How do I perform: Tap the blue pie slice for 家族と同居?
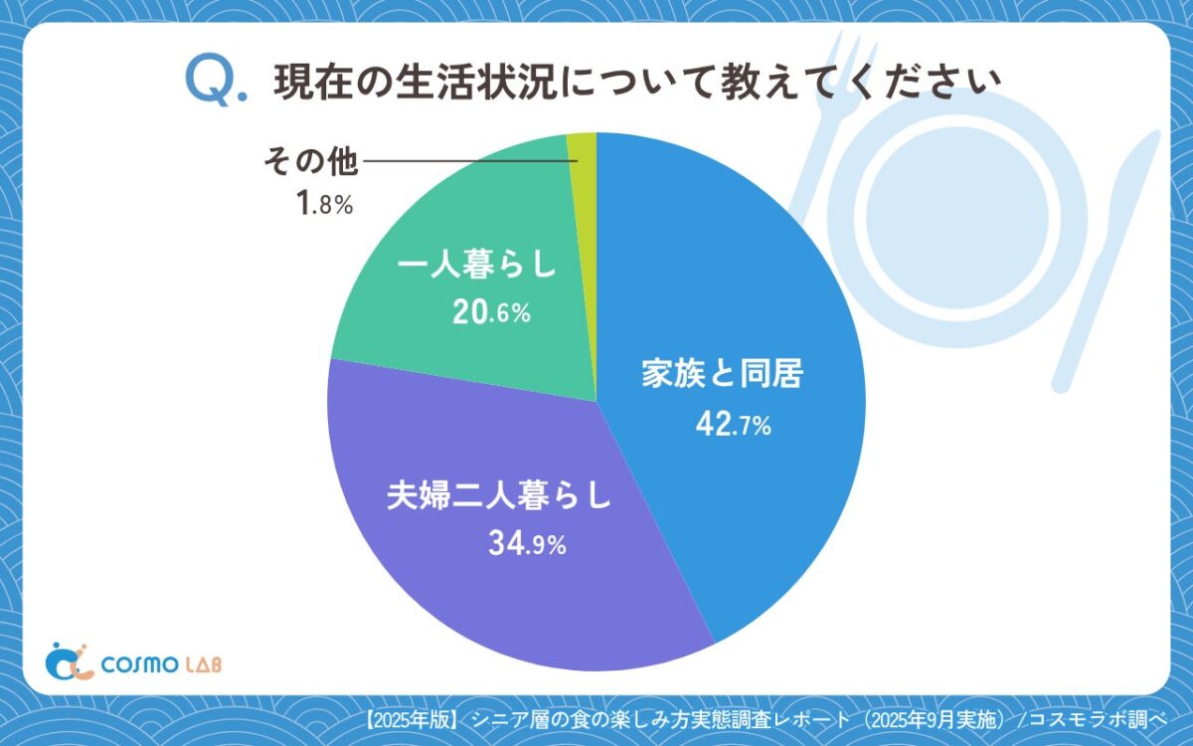point(736,298)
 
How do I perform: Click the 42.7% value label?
point(733,427)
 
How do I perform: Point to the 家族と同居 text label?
point(721,377)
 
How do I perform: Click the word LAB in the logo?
point(199,663)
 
